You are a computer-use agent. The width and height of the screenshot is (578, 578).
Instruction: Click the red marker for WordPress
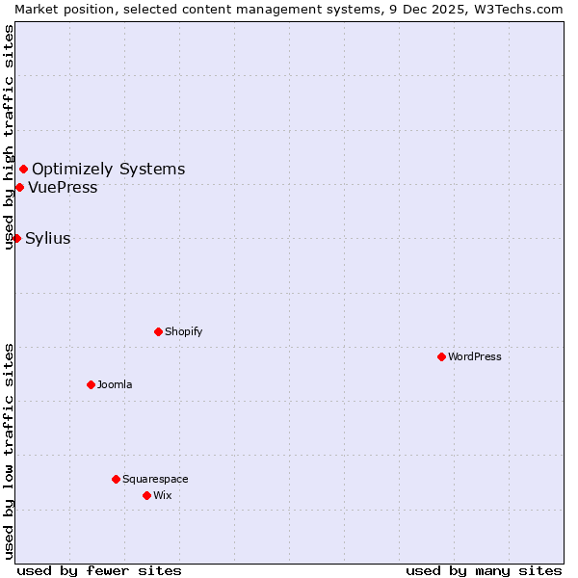(441, 356)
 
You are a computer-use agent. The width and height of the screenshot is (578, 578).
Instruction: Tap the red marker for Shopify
(158, 331)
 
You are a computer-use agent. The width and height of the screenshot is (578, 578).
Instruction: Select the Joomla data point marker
(91, 384)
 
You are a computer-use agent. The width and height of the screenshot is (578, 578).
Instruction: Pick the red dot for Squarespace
(116, 479)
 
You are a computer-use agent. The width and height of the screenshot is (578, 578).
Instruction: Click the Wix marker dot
(146, 495)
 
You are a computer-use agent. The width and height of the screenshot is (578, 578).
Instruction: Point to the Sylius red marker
(16, 238)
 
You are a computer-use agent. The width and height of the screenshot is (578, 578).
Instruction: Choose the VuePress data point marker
(19, 187)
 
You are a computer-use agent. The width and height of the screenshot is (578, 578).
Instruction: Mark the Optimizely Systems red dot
(23, 170)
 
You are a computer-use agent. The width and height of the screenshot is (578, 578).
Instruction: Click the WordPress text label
(475, 356)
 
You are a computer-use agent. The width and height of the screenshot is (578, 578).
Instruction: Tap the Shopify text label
(183, 331)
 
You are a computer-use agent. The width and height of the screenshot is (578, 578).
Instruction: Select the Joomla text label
(115, 384)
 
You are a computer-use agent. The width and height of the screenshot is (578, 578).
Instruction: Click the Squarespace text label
(155, 479)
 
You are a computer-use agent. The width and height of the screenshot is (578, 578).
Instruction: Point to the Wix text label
(162, 495)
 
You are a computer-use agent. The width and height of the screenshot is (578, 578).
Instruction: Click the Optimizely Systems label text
(108, 170)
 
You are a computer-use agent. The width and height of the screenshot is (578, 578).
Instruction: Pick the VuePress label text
(63, 187)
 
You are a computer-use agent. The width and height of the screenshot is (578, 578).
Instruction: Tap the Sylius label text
(47, 238)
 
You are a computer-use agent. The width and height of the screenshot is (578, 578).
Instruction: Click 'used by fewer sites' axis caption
(99, 570)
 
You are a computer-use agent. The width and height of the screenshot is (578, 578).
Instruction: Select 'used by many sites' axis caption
(484, 570)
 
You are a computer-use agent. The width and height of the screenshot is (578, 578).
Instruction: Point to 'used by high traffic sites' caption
(9, 137)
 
